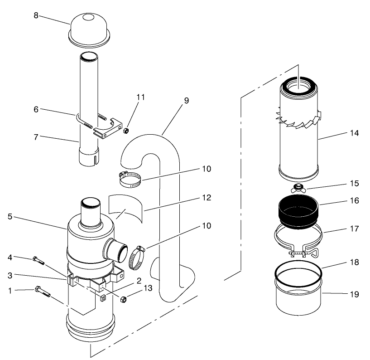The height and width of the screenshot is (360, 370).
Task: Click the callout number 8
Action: pos(36,15)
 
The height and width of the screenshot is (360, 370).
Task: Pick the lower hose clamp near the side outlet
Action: pos(137,258)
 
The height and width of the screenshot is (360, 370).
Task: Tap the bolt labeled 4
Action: pos(38,260)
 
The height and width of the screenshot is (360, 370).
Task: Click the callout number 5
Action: pos(10,216)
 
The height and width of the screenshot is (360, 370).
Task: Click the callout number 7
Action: pos(36,137)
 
